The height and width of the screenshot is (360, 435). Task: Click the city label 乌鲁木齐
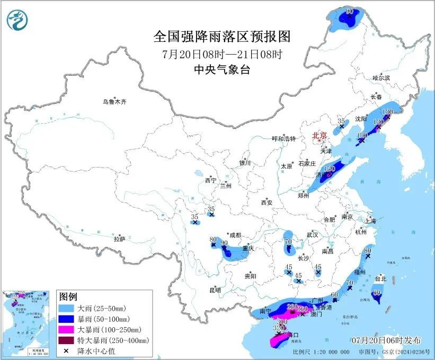[x=115, y=101]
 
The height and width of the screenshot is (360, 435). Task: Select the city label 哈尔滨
[x=380, y=78]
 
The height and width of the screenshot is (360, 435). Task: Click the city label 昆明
[x=215, y=289]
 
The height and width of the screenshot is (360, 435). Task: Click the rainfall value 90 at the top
[x=350, y=11]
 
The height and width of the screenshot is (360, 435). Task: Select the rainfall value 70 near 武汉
[x=288, y=242]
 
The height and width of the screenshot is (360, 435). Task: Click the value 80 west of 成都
[x=214, y=239]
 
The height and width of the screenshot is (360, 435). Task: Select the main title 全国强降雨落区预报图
[x=222, y=37]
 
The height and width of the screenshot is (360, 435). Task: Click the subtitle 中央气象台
[x=222, y=69]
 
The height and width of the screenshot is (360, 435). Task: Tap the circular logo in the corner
[x=17, y=20]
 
